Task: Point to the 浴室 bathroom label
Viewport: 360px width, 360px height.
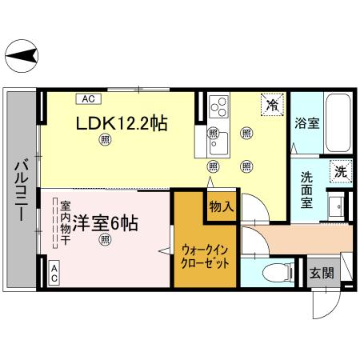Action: [307, 124]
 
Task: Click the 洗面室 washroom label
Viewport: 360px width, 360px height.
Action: [307, 188]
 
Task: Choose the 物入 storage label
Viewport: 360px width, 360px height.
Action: [221, 206]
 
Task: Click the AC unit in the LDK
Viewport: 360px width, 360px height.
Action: [88, 99]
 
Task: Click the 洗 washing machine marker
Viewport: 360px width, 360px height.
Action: [341, 170]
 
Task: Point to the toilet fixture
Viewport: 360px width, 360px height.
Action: [274, 272]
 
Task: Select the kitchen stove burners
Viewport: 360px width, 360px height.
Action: [218, 105]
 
